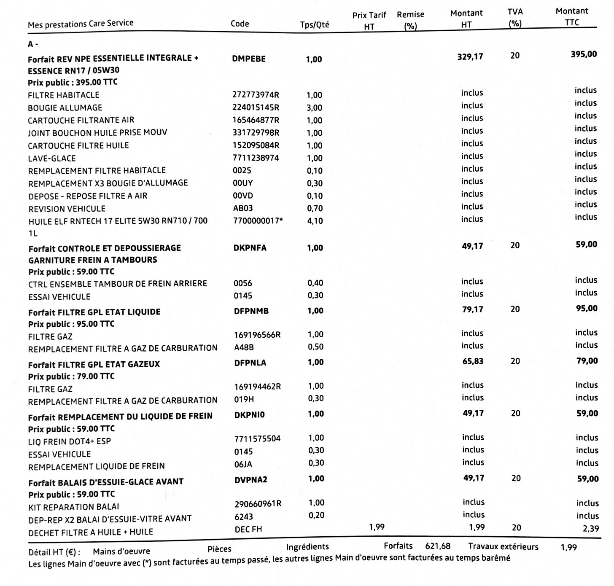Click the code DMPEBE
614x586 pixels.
click(249, 59)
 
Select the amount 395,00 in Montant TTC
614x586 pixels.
click(584, 54)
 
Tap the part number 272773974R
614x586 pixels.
click(256, 95)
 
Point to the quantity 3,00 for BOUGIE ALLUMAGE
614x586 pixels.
click(314, 108)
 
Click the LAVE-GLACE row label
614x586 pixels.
click(52, 159)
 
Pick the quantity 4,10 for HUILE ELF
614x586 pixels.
click(315, 221)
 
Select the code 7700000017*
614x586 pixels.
click(258, 220)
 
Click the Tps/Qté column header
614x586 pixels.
click(315, 24)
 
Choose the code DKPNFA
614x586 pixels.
click(250, 248)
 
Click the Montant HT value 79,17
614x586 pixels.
click(472, 309)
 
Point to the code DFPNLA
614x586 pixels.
click(250, 363)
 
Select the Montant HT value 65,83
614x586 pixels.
click(473, 361)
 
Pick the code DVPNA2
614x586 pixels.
click(251, 479)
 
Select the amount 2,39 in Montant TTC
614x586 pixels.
click(590, 528)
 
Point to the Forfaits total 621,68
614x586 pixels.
click(438, 546)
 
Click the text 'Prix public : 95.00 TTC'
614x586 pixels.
click(71, 324)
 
